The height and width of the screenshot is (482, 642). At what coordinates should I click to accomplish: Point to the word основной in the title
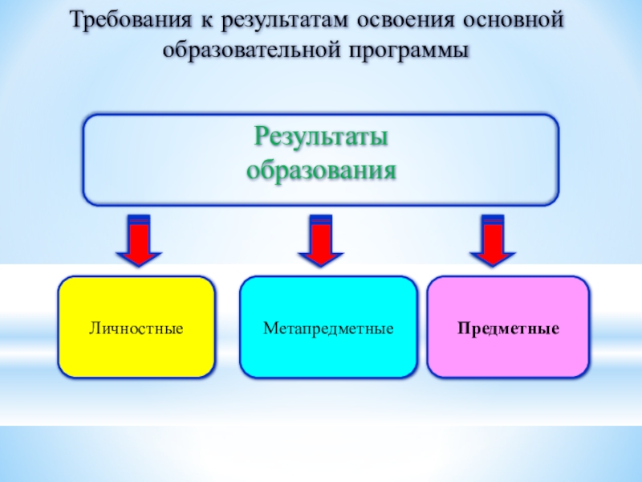[521, 19]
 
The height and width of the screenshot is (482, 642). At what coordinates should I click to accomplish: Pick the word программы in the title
[409, 50]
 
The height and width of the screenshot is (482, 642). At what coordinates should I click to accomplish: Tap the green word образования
[321, 170]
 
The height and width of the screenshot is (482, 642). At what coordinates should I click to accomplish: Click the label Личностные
[136, 329]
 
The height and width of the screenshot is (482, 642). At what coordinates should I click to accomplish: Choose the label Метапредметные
[328, 329]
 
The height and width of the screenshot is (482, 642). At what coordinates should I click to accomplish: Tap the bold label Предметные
[509, 329]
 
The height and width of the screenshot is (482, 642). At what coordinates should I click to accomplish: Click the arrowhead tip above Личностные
[139, 265]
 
